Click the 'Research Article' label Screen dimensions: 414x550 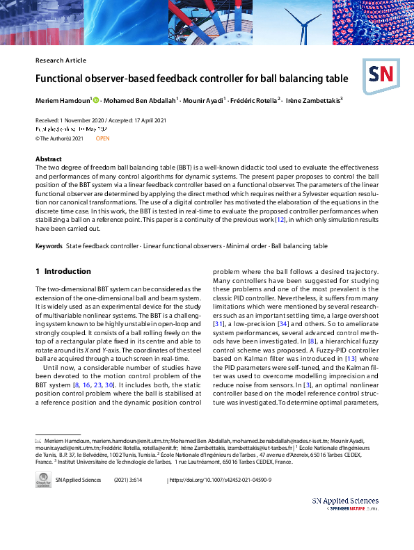[x=61, y=60]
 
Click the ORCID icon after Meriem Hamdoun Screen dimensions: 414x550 [x=96, y=100]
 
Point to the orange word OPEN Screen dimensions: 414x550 [x=102, y=138]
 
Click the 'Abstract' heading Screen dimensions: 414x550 [x=49, y=159]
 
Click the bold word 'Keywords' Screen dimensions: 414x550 [x=49, y=246]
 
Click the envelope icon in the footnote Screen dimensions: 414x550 [x=39, y=442]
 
